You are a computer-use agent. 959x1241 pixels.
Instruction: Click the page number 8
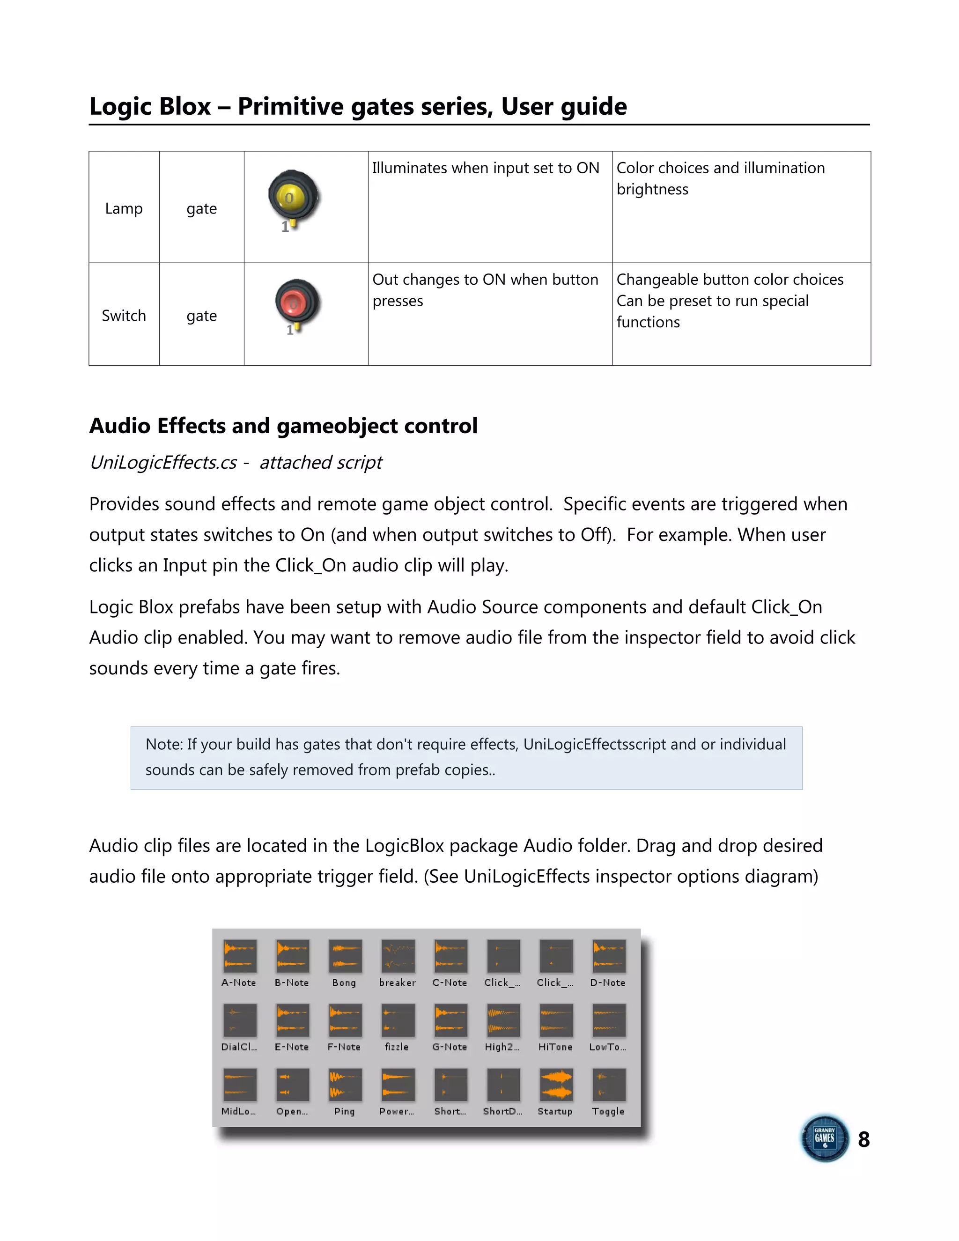click(x=863, y=1139)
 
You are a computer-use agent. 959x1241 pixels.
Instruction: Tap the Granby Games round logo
click(x=824, y=1138)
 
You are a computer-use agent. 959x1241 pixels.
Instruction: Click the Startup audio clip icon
click(x=556, y=1085)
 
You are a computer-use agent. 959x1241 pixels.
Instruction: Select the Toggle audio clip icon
click(x=608, y=1085)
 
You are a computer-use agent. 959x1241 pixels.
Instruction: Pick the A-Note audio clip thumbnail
click(x=239, y=956)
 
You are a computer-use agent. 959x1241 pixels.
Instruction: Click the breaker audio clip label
click(x=397, y=982)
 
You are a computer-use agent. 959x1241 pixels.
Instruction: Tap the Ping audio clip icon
click(x=344, y=1085)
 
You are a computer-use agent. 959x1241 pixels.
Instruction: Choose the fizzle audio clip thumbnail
click(x=397, y=1020)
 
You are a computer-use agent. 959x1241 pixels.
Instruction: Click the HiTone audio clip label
click(x=555, y=1047)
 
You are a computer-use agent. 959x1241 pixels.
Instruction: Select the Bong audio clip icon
click(x=344, y=956)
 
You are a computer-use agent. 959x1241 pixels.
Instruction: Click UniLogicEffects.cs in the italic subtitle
click(x=163, y=463)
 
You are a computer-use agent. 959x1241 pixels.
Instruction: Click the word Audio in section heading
click(x=119, y=426)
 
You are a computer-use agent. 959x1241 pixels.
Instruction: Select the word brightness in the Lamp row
click(x=652, y=189)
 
